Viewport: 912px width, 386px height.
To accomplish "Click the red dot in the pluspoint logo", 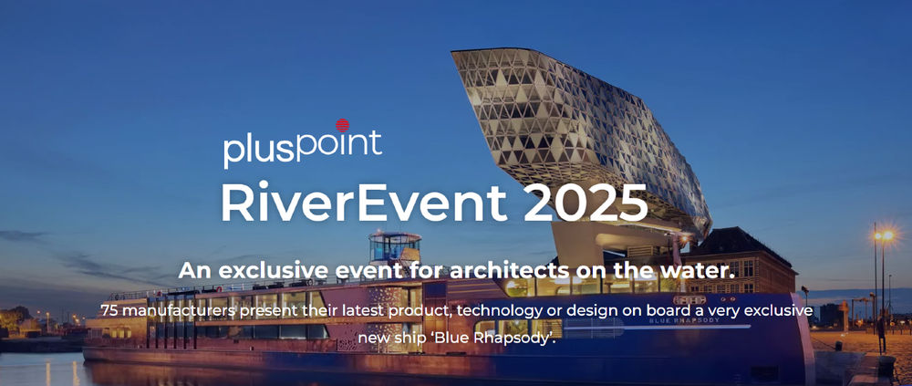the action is (x=343, y=125).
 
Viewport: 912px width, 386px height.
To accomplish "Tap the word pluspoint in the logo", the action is (x=303, y=148).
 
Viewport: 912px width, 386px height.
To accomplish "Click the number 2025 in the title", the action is (x=585, y=202).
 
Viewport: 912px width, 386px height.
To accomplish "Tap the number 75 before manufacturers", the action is (x=109, y=310).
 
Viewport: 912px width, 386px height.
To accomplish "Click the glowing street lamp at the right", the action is (x=883, y=235).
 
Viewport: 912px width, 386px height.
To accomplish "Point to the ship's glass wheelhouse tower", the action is (x=395, y=247).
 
